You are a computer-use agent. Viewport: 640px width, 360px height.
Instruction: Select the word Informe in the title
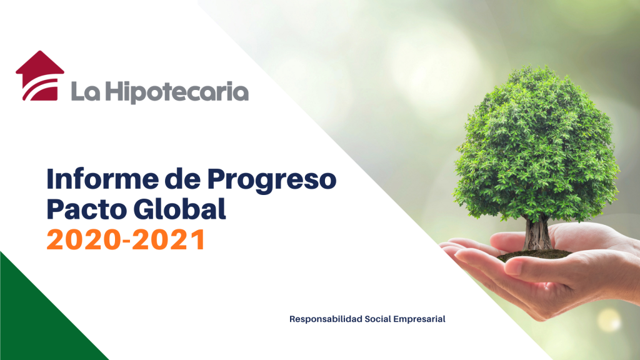click(102, 179)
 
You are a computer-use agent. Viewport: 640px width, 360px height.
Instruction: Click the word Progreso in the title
click(271, 181)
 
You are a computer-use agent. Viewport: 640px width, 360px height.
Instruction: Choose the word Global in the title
click(179, 209)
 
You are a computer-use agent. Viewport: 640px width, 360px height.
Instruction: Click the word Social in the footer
click(377, 319)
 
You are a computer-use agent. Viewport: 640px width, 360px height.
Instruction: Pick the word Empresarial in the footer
click(419, 319)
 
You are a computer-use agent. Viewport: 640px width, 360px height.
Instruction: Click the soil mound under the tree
click(535, 256)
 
